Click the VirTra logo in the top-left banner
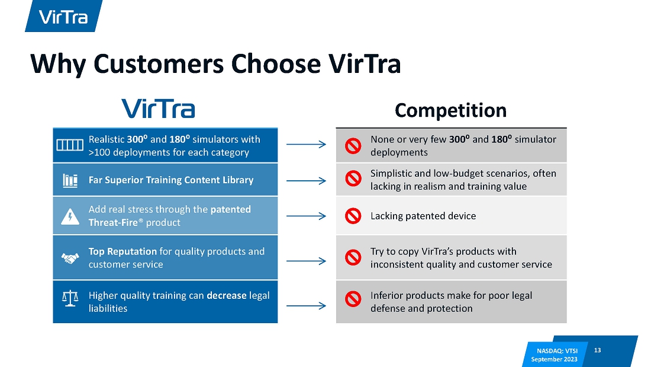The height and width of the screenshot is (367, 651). [x=63, y=17]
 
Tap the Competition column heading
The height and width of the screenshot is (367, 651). [x=450, y=110]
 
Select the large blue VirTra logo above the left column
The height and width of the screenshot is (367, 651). [x=158, y=108]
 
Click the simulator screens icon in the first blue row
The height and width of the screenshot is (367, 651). [x=70, y=145]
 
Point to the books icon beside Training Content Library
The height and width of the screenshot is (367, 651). [x=70, y=181]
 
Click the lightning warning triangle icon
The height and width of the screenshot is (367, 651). [x=70, y=216]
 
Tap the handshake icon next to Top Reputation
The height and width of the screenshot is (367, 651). [x=70, y=259]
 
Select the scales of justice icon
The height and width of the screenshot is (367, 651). [x=70, y=298]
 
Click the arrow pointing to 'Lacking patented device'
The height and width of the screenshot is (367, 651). [x=306, y=216]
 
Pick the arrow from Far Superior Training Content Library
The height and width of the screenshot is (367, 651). [x=306, y=181]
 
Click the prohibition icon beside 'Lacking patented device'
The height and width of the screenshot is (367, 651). [x=353, y=216]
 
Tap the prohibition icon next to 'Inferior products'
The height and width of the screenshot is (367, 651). [x=353, y=299]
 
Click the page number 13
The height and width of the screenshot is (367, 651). [x=598, y=350]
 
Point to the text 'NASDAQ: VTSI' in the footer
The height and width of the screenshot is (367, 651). [x=557, y=351]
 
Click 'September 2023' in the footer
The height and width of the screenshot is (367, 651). [x=555, y=359]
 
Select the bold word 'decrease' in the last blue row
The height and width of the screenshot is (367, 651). [x=227, y=295]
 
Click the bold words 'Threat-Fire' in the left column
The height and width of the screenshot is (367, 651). [x=113, y=222]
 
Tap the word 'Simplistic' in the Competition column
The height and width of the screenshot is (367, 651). [x=391, y=174]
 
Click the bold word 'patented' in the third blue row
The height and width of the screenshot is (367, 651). [x=230, y=209]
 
